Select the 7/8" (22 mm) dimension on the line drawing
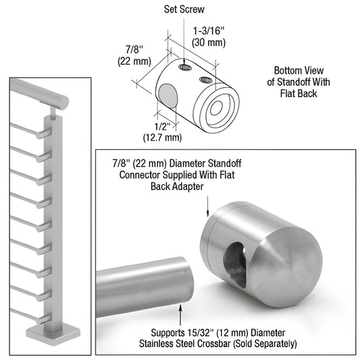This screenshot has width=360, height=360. (128, 55)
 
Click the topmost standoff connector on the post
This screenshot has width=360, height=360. (43, 136)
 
